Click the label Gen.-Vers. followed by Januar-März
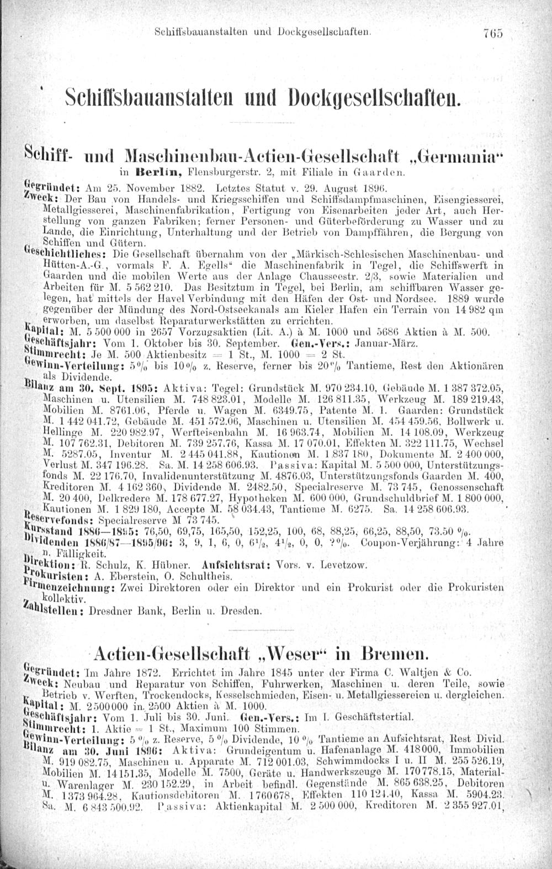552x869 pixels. coord(312,342)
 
